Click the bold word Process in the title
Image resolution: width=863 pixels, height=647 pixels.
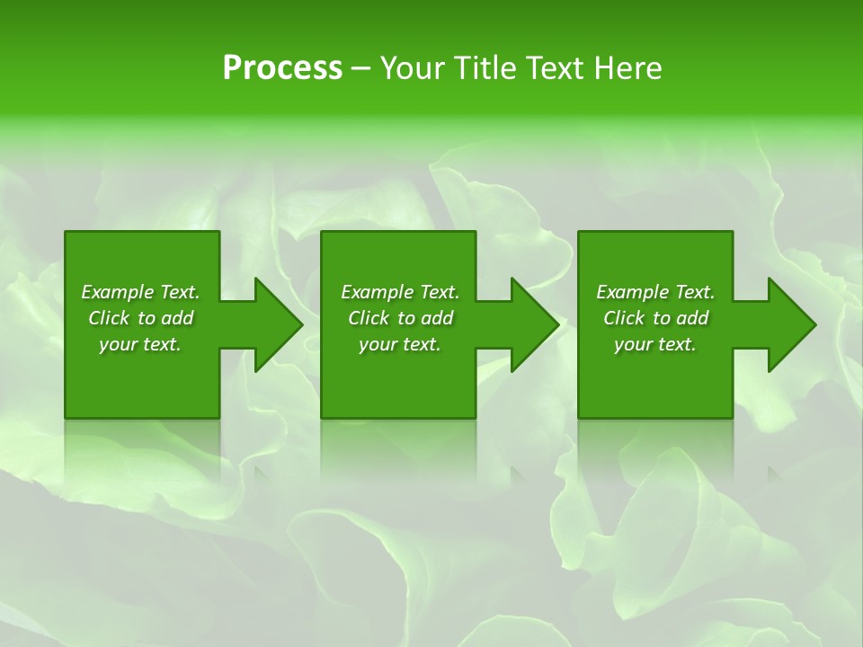click(x=282, y=68)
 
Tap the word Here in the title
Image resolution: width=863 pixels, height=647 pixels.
click(x=627, y=68)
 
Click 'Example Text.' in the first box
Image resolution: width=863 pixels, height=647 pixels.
click(x=140, y=292)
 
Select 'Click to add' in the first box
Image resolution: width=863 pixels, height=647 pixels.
click(x=140, y=318)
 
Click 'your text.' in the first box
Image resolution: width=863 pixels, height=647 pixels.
click(x=140, y=344)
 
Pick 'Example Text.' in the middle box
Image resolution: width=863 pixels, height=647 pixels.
click(x=400, y=292)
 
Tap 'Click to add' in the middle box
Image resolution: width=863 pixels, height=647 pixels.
click(x=400, y=318)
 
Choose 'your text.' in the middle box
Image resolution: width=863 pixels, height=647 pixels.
click(x=400, y=344)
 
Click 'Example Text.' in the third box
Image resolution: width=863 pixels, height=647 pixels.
click(x=655, y=292)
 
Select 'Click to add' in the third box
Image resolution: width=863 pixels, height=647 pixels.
click(x=655, y=318)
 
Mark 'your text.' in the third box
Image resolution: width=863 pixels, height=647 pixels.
click(x=655, y=344)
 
